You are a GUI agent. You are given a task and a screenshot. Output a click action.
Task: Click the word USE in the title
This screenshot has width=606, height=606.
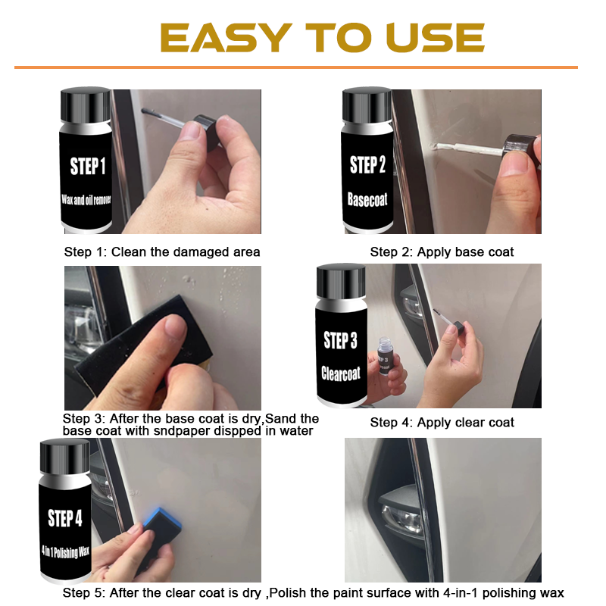click(435, 38)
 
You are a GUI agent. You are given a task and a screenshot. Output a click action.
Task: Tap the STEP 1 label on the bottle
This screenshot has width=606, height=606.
click(89, 166)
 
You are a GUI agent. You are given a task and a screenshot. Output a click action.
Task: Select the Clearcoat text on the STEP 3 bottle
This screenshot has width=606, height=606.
click(342, 374)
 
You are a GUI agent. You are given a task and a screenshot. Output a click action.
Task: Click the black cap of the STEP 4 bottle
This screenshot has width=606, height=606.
click(64, 454)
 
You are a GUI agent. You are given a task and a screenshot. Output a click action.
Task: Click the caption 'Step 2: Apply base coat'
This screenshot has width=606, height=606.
click(442, 252)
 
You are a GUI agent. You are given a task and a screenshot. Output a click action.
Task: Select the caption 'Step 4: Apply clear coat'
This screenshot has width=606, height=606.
click(442, 423)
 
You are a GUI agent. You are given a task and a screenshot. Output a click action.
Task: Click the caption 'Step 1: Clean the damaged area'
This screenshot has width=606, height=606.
click(161, 252)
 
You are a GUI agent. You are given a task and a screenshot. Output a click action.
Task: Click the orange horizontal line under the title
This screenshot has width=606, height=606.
click(295, 67)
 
